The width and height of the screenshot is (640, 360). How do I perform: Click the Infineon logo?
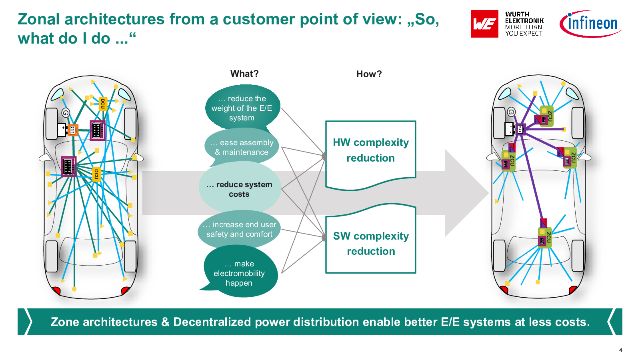coord(591,24)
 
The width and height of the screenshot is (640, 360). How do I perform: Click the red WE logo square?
coord(484,24)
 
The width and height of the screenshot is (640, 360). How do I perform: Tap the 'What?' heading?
coord(244,74)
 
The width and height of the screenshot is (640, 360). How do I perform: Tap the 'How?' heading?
coord(369,74)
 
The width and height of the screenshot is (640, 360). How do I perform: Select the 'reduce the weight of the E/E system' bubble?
coord(242,108)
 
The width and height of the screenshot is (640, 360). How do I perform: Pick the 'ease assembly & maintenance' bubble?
coord(242,147)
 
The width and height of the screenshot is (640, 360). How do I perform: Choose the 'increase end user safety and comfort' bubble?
coord(239,229)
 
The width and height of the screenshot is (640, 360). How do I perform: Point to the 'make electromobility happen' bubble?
coord(239,273)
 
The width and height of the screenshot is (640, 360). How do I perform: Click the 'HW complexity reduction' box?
coord(371,150)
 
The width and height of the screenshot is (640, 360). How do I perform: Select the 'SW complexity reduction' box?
coord(371,244)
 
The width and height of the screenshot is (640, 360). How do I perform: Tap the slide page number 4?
coord(620,350)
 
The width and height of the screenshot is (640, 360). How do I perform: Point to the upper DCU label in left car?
coord(102,104)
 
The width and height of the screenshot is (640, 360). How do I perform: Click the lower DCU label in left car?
coord(96,174)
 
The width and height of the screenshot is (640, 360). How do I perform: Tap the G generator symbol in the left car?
coord(66,113)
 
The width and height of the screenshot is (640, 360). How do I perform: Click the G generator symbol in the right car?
coord(511,112)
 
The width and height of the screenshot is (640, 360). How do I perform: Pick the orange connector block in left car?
coord(73,130)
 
